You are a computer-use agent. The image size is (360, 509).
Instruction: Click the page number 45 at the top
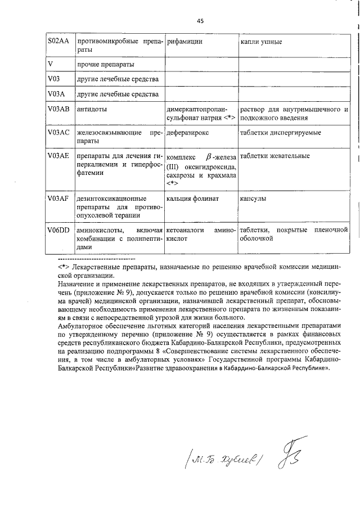200,21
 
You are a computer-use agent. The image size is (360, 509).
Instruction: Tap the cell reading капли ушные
261,42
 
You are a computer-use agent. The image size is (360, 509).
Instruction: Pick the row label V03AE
58,156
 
